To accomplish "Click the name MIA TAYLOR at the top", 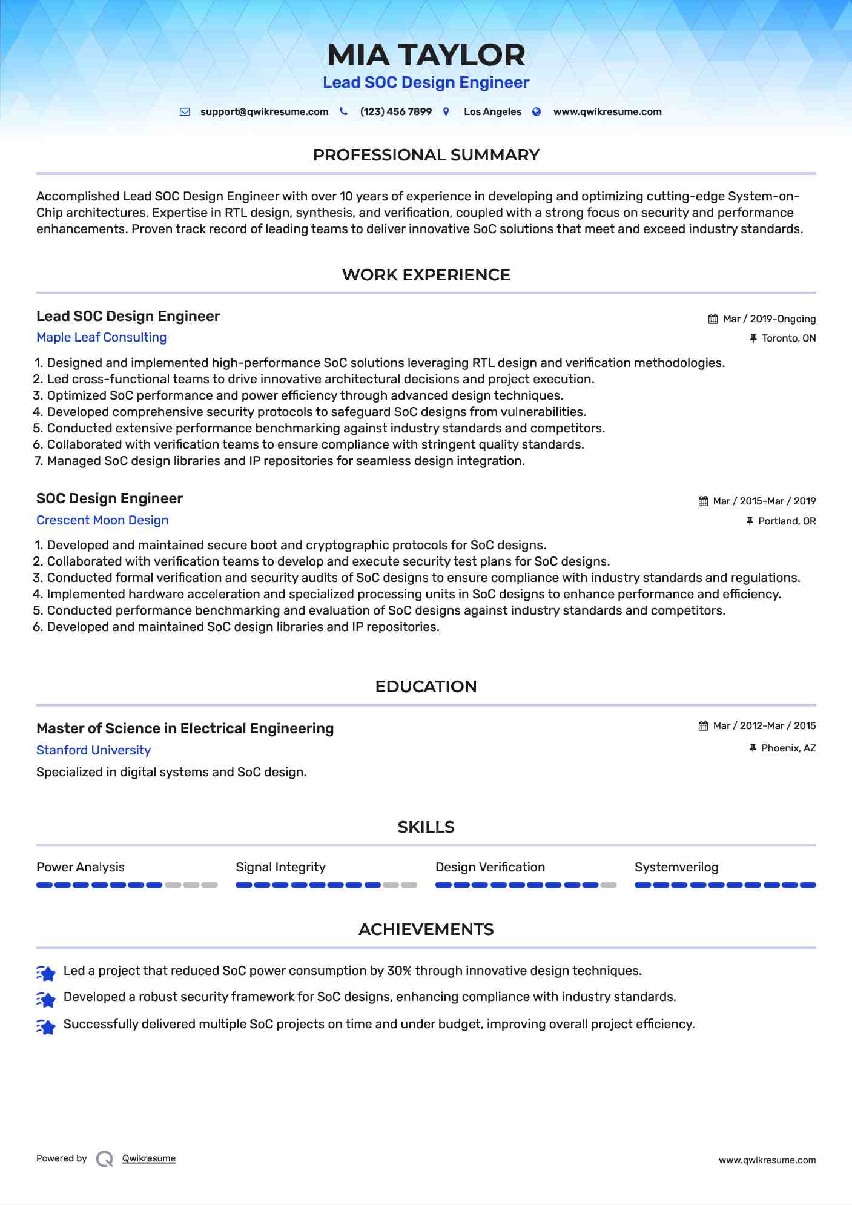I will [x=426, y=55].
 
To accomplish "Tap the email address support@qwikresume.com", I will [x=264, y=112].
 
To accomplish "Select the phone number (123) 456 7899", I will [x=395, y=112].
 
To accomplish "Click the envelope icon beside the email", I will [x=185, y=112].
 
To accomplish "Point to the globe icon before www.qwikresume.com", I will [x=537, y=112].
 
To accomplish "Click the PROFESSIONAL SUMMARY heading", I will [x=426, y=155].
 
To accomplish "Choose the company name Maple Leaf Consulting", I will [x=101, y=338].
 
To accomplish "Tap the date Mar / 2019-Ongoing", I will [x=769, y=319].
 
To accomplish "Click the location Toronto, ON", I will [x=788, y=338].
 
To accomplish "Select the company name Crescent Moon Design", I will [x=102, y=521].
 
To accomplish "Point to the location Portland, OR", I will [x=787, y=521].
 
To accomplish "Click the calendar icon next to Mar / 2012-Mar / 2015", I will [x=703, y=726].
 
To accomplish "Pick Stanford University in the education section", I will [x=93, y=751].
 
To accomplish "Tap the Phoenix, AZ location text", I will [x=788, y=748].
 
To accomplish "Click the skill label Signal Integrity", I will [x=280, y=868].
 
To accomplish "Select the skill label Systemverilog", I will [x=676, y=868].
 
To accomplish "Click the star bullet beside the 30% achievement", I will [x=46, y=972].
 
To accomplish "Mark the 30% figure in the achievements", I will [x=399, y=971].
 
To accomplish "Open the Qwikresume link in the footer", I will [x=149, y=1158].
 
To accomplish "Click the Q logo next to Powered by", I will [x=105, y=1159].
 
